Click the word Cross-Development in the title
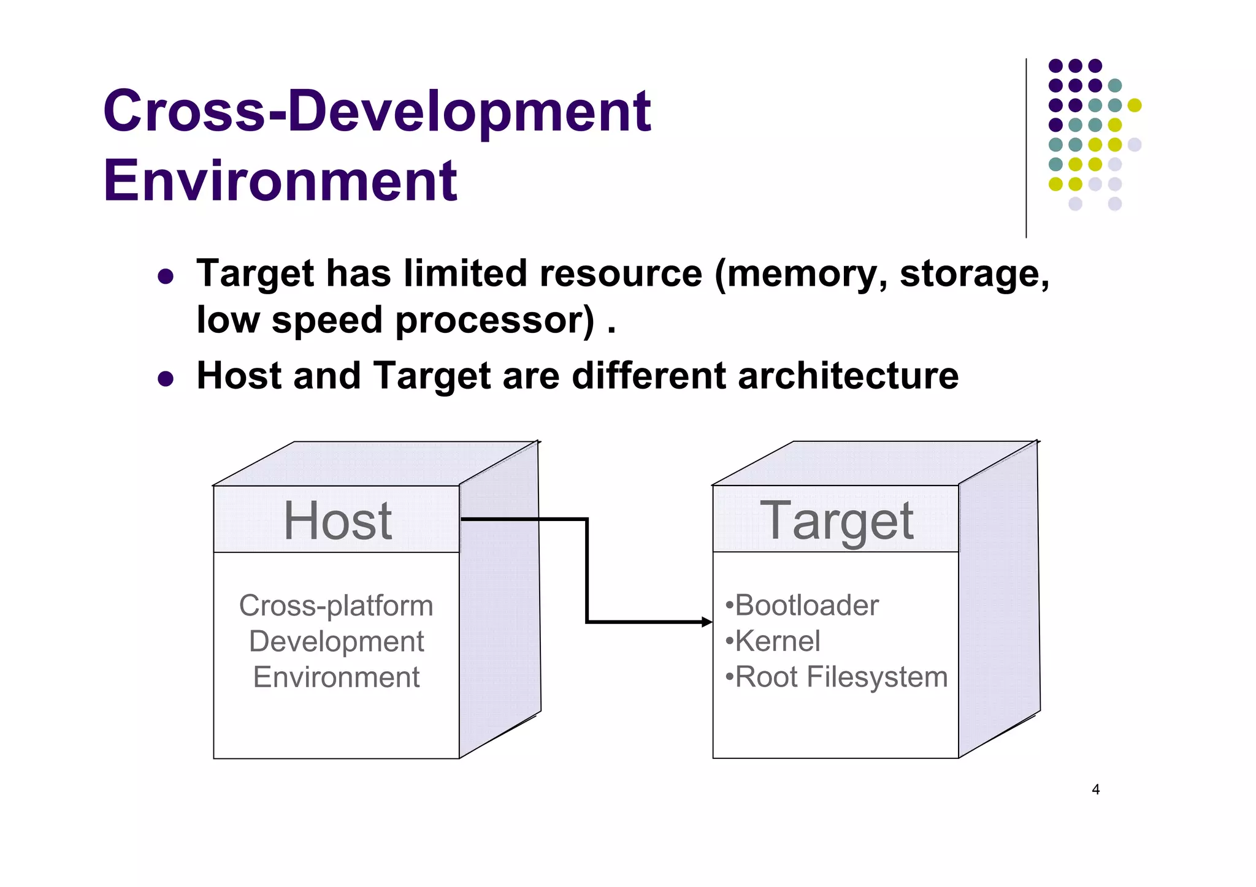(377, 112)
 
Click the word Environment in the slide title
(280, 181)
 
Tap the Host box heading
(337, 520)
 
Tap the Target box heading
(837, 520)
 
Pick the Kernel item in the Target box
(777, 641)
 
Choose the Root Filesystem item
(841, 677)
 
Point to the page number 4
(1095, 790)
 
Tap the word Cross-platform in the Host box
(336, 606)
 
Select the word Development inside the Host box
(336, 642)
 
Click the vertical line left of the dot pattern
(1026, 148)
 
